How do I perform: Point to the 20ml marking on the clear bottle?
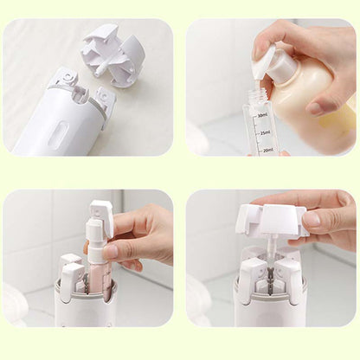coord(266,150)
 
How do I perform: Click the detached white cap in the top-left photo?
coord(112,54)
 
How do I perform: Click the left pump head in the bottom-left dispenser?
coord(71,268)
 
